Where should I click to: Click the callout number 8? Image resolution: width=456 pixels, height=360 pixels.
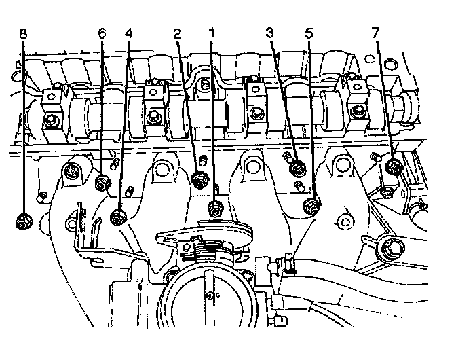24,32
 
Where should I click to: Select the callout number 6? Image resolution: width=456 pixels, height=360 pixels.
102,32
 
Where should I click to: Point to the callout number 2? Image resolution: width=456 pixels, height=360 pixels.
178,32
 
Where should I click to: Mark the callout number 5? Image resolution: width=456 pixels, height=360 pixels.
310,32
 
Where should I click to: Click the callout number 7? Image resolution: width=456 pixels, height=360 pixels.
377,32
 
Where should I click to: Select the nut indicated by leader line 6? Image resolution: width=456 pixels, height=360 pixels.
103,182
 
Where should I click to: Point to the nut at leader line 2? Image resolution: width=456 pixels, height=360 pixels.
200,180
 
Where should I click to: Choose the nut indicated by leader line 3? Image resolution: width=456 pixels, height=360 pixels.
295,167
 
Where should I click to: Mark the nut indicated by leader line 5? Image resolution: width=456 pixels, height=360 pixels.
311,206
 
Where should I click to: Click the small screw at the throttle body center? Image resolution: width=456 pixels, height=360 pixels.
210,294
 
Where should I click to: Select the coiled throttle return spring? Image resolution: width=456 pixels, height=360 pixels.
204,251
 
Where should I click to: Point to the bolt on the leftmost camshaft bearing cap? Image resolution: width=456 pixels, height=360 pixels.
52,122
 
